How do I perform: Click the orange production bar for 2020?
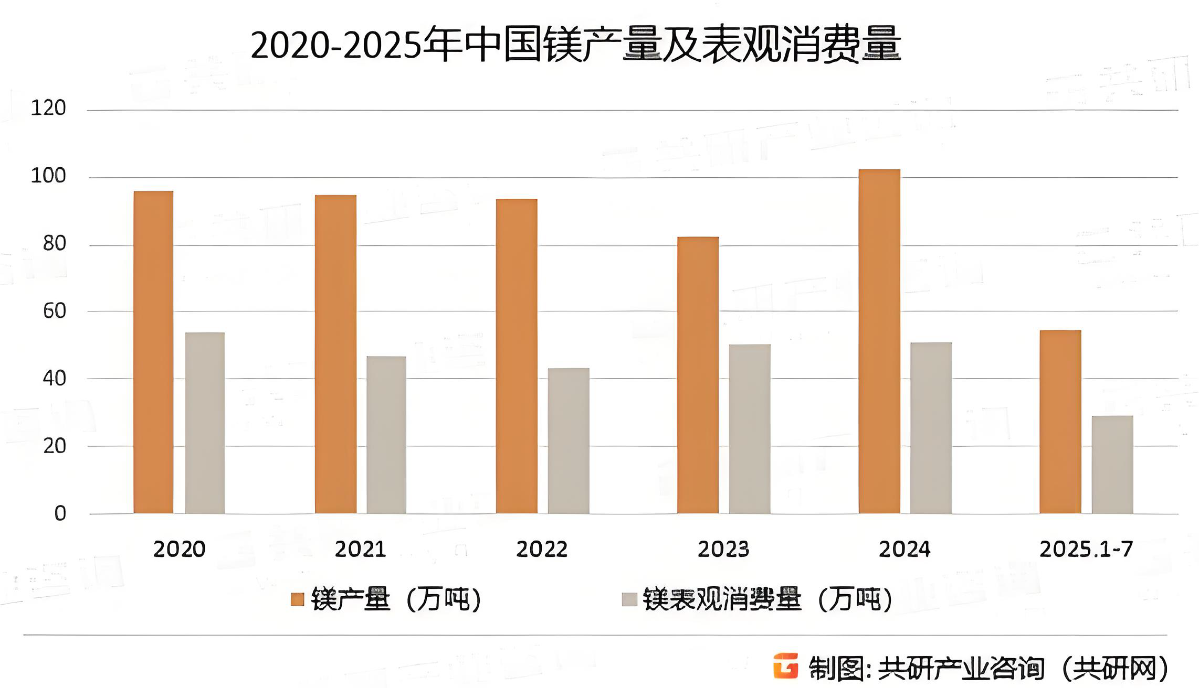tap(153, 352)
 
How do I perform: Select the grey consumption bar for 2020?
tap(205, 423)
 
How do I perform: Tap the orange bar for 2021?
tap(335, 354)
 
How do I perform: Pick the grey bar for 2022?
tap(569, 440)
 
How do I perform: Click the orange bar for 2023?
tap(698, 375)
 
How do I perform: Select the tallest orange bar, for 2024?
tap(879, 341)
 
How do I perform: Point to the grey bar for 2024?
tap(931, 428)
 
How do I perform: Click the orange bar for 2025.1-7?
tap(1060, 422)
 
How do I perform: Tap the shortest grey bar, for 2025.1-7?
tap(1112, 464)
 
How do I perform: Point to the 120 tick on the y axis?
tap(48, 108)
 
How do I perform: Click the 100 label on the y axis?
tap(48, 176)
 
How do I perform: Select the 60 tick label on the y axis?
tap(54, 311)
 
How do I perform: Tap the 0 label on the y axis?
tap(60, 513)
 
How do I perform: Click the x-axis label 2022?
tap(542, 549)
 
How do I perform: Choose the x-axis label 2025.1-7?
tap(1086, 549)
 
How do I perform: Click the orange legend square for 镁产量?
tap(298, 599)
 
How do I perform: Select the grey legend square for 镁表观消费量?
tap(629, 599)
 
